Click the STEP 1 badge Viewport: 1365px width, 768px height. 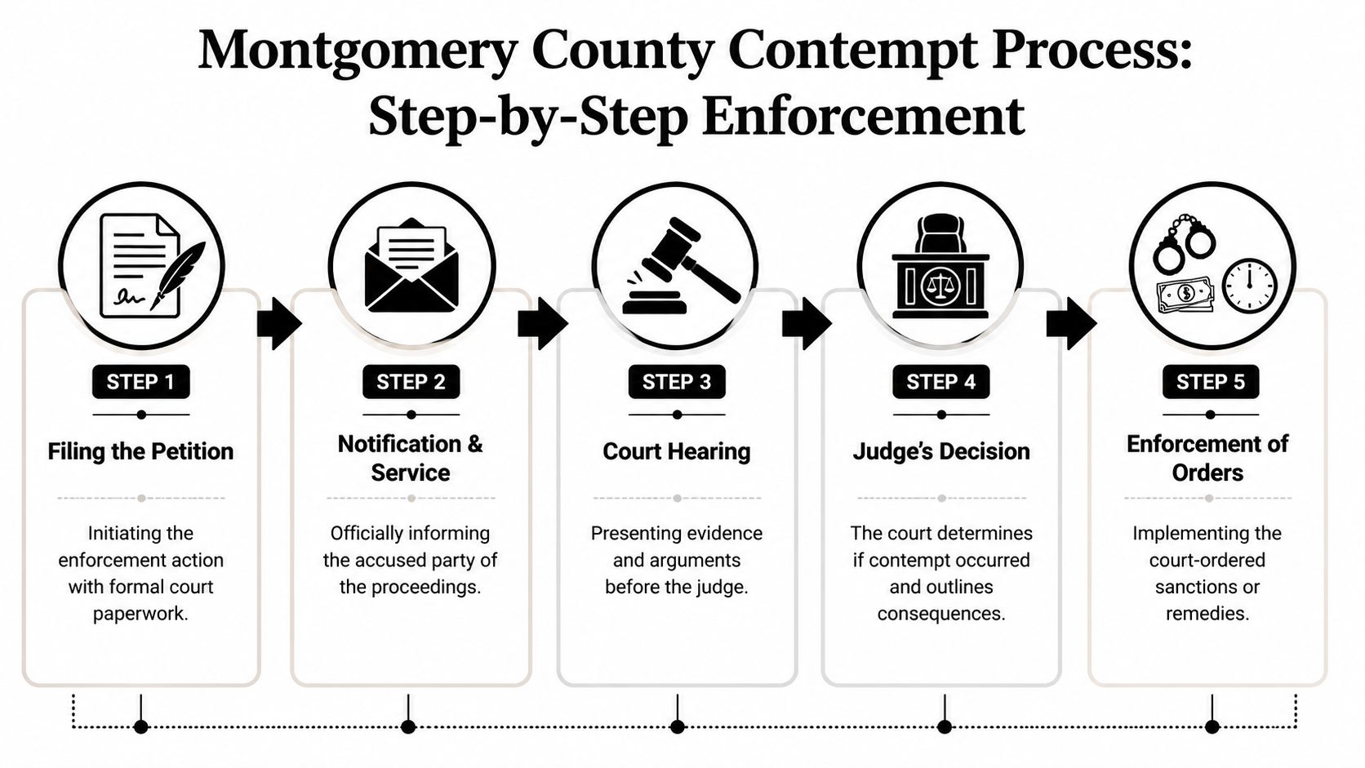tap(140, 382)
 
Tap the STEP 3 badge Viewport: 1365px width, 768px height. tap(676, 382)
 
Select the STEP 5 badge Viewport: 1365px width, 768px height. tap(1210, 382)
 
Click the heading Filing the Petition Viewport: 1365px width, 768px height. tap(140, 451)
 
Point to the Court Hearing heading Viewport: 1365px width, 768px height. tap(676, 451)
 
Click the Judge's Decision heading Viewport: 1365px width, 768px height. tap(941, 451)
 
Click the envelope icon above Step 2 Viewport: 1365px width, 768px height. tap(411, 269)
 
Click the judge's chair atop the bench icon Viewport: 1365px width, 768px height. tap(940, 234)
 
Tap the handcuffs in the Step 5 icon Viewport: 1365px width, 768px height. tap(1183, 243)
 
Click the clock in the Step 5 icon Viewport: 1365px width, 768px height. tap(1248, 285)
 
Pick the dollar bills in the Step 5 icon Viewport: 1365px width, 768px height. tap(1185, 295)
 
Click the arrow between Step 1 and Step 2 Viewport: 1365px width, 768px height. tap(278, 323)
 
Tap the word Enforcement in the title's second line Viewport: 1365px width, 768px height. tap(862, 116)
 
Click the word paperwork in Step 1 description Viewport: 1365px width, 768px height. tap(140, 614)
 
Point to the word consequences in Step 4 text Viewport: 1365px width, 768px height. tap(941, 614)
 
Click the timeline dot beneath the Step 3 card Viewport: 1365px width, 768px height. tap(677, 726)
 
